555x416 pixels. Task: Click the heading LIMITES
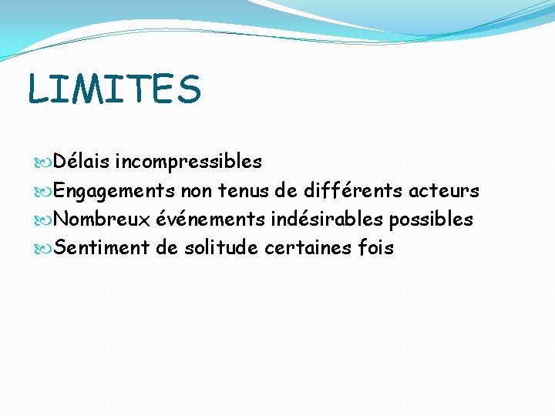coord(114,89)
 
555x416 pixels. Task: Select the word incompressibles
coord(188,162)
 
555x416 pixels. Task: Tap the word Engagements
coord(115,190)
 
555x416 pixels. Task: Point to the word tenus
coord(243,190)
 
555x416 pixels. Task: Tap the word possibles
coord(431,219)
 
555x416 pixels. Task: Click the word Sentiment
coord(102,248)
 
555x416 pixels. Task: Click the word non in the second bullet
coord(197,190)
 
